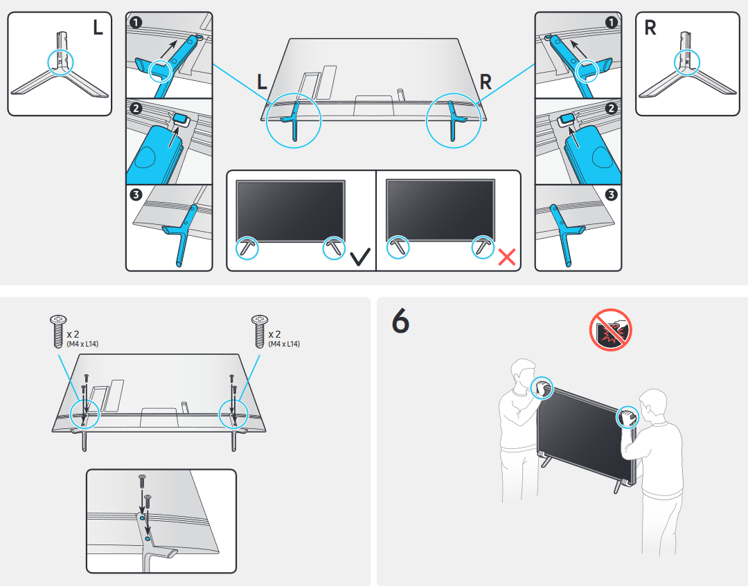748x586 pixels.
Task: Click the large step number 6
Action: pyautogui.click(x=400, y=321)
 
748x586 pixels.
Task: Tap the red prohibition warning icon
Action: pyautogui.click(x=610, y=330)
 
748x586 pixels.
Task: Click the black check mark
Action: pyautogui.click(x=359, y=258)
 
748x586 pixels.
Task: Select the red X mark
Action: pyautogui.click(x=507, y=257)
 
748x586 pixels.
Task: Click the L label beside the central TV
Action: pyautogui.click(x=262, y=82)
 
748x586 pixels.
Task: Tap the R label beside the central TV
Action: pyautogui.click(x=486, y=82)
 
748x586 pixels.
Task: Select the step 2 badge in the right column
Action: pyautogui.click(x=611, y=109)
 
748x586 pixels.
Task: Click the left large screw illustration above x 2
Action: pyautogui.click(x=56, y=331)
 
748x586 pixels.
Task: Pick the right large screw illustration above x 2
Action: pyautogui.click(x=259, y=331)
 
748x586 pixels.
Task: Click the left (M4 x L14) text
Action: pyautogui.click(x=82, y=344)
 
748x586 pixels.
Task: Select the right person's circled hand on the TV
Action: pyautogui.click(x=628, y=417)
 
